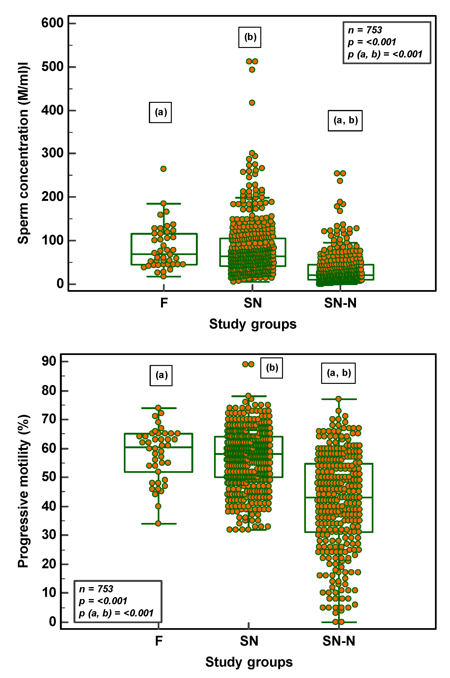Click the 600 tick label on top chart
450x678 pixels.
[52, 23]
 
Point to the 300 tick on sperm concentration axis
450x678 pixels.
[52, 153]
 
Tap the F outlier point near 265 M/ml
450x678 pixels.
[163, 169]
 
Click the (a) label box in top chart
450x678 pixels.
[160, 112]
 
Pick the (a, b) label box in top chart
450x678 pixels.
[345, 120]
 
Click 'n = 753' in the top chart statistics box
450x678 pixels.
[365, 30]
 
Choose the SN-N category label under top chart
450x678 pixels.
[340, 303]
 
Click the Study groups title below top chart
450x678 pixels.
[252, 324]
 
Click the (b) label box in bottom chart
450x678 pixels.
[272, 368]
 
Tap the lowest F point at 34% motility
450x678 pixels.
[158, 524]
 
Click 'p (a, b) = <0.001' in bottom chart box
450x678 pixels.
[116, 613]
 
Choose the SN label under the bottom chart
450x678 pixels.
[249, 641]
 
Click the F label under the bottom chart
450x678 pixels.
[159, 641]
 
